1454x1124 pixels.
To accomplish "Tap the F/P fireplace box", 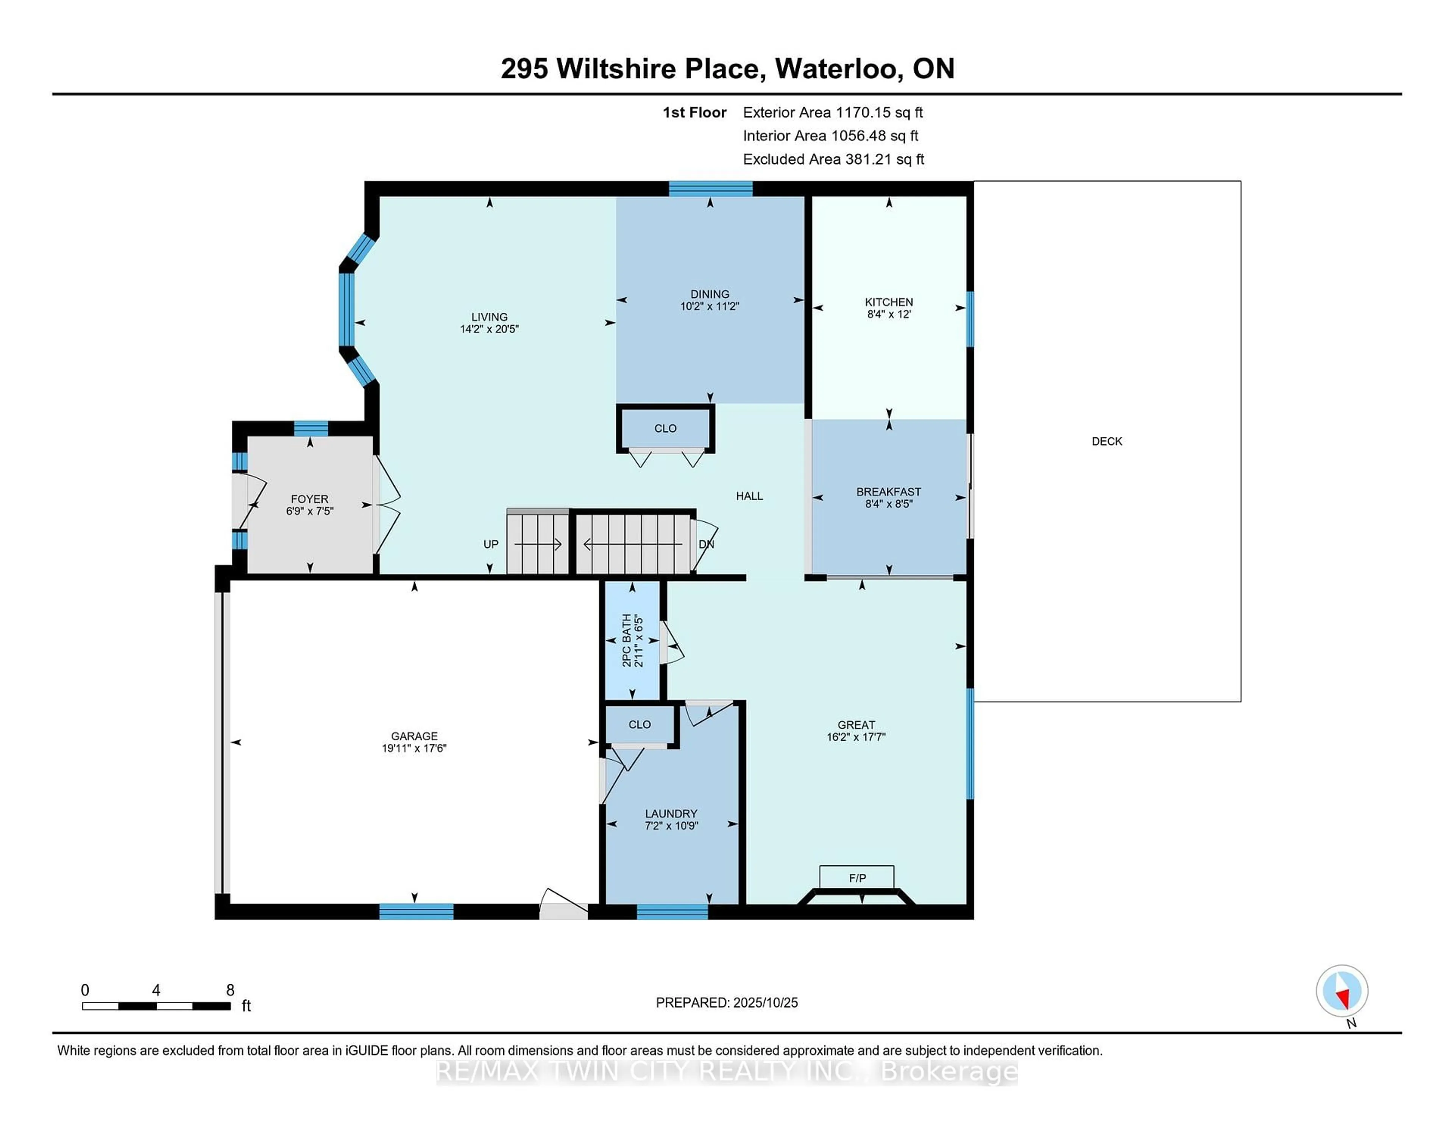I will tap(857, 877).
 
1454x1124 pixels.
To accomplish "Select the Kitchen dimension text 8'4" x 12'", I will tap(889, 314).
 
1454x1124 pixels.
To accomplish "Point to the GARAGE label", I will tap(414, 736).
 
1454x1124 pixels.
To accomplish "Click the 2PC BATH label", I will tap(627, 640).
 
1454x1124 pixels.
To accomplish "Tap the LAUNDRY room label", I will tap(671, 814).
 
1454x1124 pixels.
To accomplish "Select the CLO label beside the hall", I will tap(665, 429).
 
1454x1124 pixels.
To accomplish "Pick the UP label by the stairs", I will tap(491, 544).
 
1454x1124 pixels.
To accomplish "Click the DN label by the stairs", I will tap(706, 544).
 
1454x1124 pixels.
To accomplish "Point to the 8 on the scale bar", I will tap(230, 990).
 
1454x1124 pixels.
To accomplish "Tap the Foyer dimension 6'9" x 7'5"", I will tap(310, 511).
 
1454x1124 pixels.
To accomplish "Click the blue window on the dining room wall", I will tap(710, 189).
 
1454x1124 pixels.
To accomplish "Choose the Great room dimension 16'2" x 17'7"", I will tap(856, 737).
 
